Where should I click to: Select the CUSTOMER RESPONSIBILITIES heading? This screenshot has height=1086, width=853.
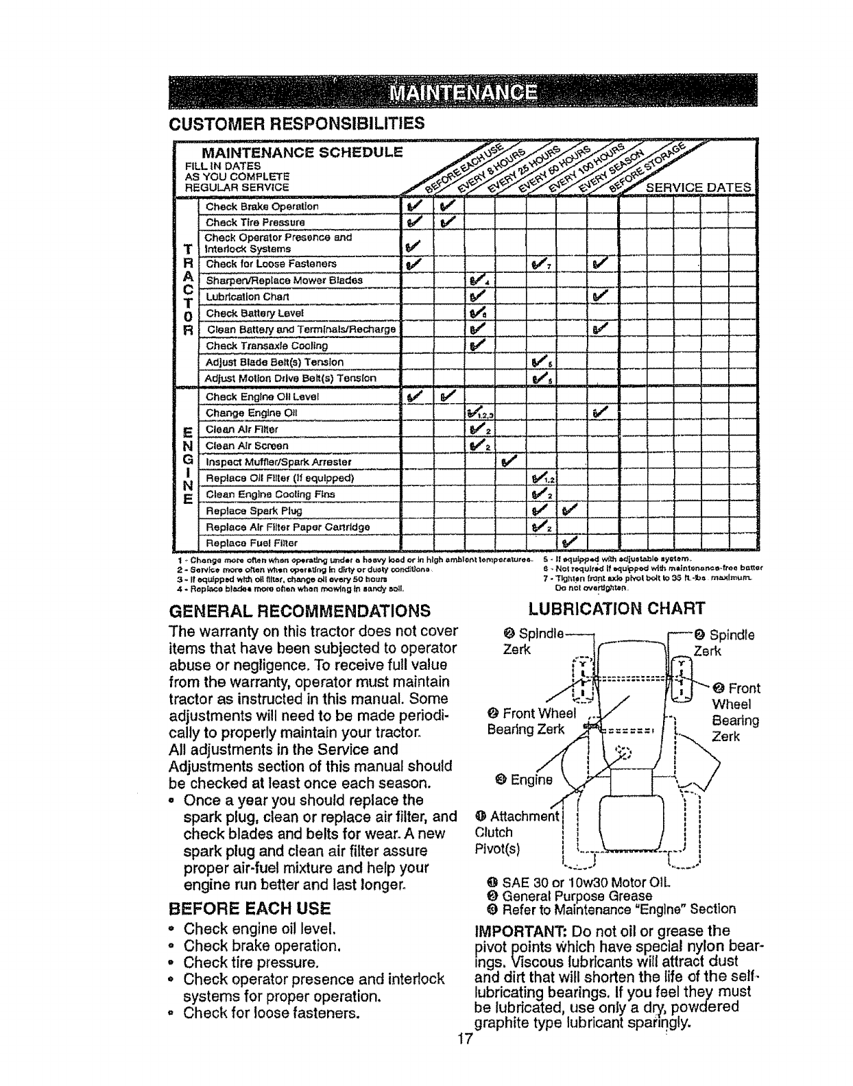coord(296,123)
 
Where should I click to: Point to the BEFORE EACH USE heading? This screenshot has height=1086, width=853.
coord(250,909)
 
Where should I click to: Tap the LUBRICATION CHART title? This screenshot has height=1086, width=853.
coord(616,608)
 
